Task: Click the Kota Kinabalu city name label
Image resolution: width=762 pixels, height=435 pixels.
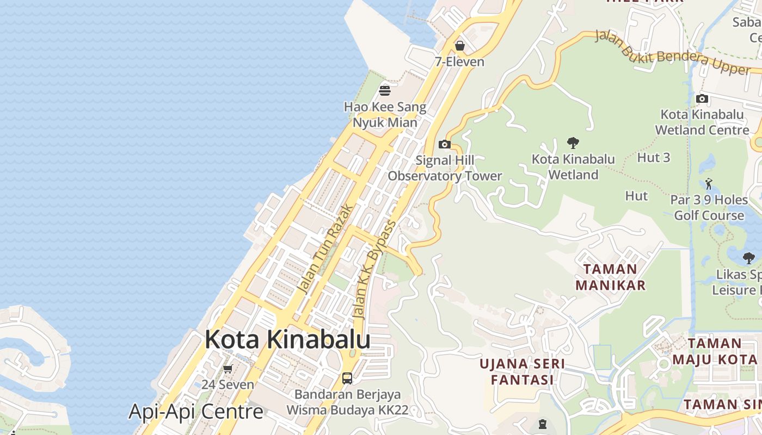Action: (x=287, y=339)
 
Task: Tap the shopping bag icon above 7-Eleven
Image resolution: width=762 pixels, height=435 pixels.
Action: (x=460, y=46)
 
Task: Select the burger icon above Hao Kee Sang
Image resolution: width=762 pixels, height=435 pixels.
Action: (x=385, y=90)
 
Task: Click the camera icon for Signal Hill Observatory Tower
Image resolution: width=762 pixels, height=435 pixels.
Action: (x=445, y=144)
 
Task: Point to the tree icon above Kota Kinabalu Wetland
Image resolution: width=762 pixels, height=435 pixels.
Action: (x=573, y=143)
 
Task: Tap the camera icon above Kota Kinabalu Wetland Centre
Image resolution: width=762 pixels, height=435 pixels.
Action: (x=702, y=98)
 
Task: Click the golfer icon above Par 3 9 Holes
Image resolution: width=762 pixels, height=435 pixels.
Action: (x=709, y=184)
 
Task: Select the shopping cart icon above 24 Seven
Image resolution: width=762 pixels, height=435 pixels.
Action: (x=228, y=369)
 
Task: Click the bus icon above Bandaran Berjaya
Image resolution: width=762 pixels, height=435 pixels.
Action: (x=347, y=378)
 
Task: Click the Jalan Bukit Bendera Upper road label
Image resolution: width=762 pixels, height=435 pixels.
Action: (x=672, y=53)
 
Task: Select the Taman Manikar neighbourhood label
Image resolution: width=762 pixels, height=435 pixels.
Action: (x=610, y=277)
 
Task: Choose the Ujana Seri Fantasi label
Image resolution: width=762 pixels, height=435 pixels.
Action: (x=522, y=371)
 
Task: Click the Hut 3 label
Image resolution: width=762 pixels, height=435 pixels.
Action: (x=653, y=158)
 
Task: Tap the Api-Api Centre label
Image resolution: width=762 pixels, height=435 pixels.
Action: (x=196, y=412)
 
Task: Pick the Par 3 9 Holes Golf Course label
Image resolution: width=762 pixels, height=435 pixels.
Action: (x=709, y=208)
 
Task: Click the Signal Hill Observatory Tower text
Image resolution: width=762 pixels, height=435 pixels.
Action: (x=445, y=168)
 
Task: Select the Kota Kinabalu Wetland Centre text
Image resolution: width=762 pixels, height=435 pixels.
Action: (x=702, y=122)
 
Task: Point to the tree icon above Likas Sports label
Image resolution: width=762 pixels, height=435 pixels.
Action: (x=749, y=258)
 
